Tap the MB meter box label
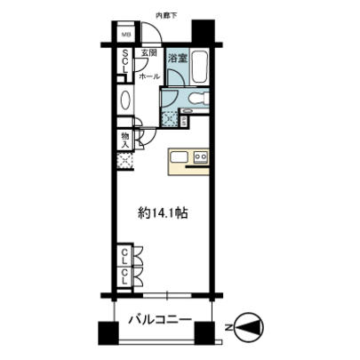pos(126,37)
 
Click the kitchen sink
pos(179,160)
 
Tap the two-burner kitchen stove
pos(200,160)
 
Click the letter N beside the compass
pos(229,326)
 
